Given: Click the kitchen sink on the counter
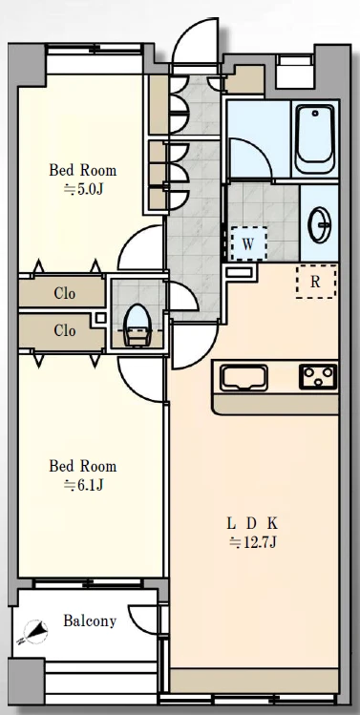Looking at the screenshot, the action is click(244, 378).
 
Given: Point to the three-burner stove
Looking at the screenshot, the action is click(318, 377).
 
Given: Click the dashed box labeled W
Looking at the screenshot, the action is click(248, 243).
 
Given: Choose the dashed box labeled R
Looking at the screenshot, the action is click(316, 282).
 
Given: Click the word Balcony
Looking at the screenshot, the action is click(90, 621).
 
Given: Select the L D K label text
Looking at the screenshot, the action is click(252, 523).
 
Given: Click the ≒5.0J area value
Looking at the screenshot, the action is click(83, 189).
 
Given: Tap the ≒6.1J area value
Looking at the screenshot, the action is click(83, 485).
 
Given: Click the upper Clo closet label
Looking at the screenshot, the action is click(64, 293).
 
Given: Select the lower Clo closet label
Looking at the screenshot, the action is click(64, 330).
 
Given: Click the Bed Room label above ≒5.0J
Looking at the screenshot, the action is click(82, 170).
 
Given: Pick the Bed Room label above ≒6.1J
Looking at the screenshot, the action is click(82, 466).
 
